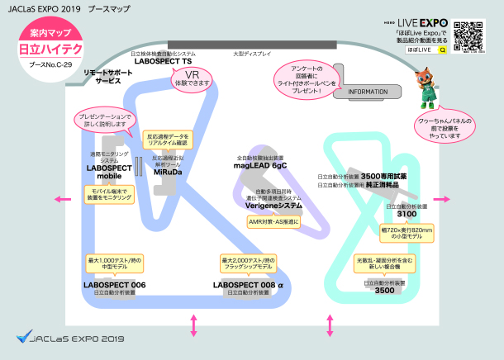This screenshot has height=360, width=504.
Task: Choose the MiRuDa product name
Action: pyautogui.click(x=167, y=173)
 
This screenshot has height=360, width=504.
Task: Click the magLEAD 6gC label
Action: pyautogui.click(x=260, y=165)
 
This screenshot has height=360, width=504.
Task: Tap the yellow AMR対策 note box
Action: pyautogui.click(x=273, y=221)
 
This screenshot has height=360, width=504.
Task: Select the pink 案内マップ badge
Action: pyautogui.click(x=50, y=34)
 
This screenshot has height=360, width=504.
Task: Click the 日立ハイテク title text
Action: pyautogui.click(x=50, y=50)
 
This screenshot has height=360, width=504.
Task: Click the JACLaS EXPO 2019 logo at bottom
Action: pyautogui.click(x=70, y=337)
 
